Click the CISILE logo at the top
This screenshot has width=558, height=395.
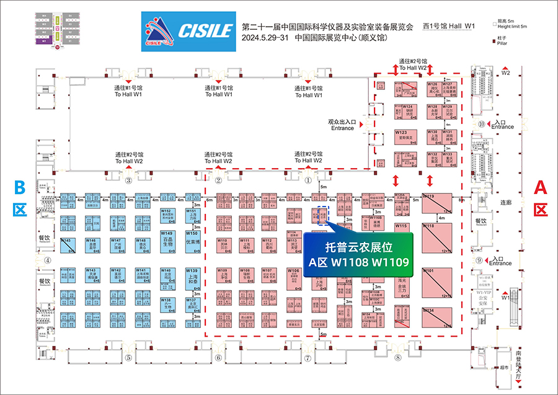(x=187, y=29)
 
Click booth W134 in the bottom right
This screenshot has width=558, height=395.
(x=441, y=317)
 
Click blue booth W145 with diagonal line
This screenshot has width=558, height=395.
(x=67, y=245)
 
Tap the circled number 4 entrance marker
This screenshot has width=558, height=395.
(x=47, y=260)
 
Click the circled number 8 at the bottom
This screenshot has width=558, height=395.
(x=397, y=358)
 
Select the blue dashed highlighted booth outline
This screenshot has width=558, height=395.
(x=322, y=215)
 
